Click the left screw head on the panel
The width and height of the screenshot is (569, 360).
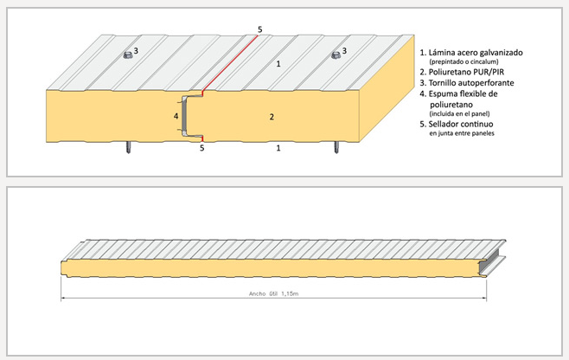pyautogui.click(x=126, y=55)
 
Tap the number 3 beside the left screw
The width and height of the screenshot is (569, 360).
pyautogui.click(x=137, y=52)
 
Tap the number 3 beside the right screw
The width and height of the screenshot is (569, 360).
pyautogui.click(x=344, y=52)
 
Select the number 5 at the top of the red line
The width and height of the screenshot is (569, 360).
pyautogui.click(x=259, y=29)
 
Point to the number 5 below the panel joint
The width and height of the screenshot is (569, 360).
pyautogui.click(x=201, y=148)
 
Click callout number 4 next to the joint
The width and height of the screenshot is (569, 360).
pyautogui.click(x=176, y=115)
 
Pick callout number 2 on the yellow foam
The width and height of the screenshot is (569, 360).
pyautogui.click(x=272, y=116)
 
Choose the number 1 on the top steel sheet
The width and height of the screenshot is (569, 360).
pyautogui.click(x=278, y=64)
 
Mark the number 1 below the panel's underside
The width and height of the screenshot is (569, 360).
pyautogui.click(x=278, y=148)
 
